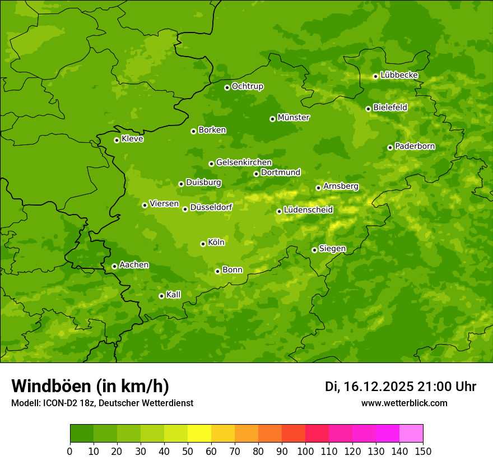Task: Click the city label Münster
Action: [293, 118]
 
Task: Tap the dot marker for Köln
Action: [203, 244]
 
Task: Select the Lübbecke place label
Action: [399, 75]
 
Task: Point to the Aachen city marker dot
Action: [114, 266]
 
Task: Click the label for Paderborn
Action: [415, 146]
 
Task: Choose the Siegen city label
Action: [332, 249]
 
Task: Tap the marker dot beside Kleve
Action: [117, 140]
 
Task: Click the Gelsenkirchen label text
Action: [244, 162]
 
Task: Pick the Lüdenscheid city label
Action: [308, 210]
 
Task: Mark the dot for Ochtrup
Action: [227, 87]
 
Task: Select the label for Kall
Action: [174, 295]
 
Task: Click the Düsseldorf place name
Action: [211, 207]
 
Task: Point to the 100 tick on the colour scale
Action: [305, 452]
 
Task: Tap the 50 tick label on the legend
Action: [188, 452]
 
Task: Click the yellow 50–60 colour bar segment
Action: [199, 434]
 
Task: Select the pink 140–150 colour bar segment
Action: [411, 434]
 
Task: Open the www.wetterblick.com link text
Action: [404, 403]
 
